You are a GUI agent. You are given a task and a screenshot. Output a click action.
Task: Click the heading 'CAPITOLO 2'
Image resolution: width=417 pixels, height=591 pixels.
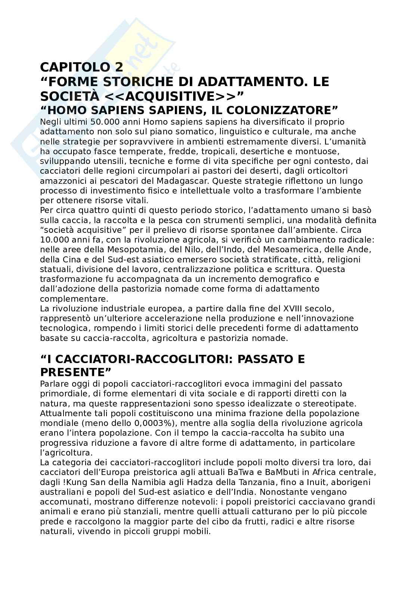point(81,67)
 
